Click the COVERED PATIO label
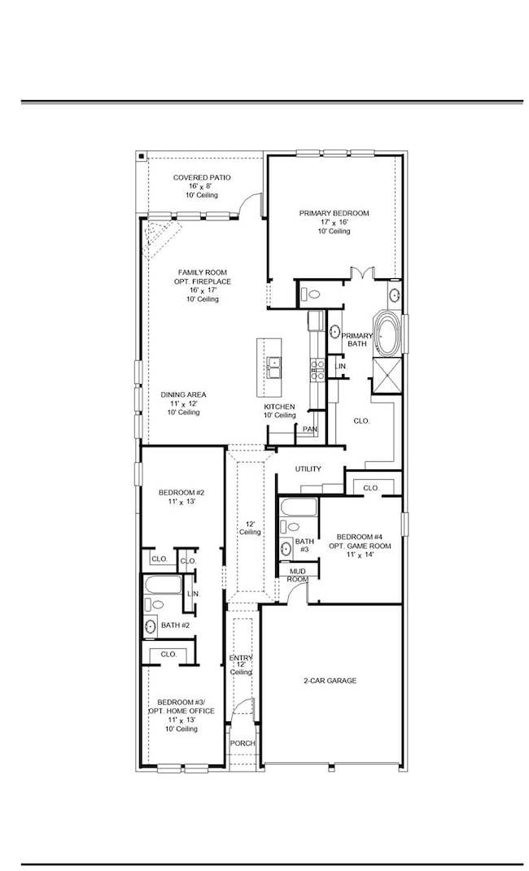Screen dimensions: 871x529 click(201, 177)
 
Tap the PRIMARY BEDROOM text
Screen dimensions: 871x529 click(334, 213)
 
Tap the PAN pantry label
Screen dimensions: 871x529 click(309, 429)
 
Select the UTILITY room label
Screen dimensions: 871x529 click(308, 468)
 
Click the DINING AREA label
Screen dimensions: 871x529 click(183, 394)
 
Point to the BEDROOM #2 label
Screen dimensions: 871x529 click(181, 492)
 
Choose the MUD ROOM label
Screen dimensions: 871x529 click(298, 575)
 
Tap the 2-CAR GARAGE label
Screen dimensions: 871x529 click(330, 681)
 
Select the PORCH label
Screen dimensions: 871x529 click(242, 743)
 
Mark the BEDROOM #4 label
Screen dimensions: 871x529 click(363, 537)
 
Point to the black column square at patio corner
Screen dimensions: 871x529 click(141, 155)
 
